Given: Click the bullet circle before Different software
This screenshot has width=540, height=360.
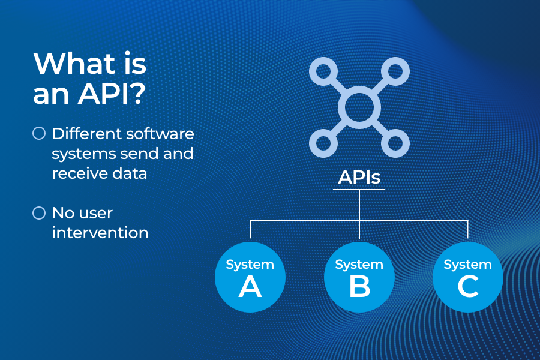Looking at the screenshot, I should pos(39,133).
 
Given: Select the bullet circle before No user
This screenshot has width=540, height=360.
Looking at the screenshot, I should pos(39,213).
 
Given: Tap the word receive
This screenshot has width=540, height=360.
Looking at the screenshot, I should pos(80,173).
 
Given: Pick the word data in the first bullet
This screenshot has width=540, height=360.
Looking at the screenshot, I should pos(132,173).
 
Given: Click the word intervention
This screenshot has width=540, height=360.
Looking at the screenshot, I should pos(100,233).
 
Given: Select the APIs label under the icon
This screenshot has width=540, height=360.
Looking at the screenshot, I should pos(359,177).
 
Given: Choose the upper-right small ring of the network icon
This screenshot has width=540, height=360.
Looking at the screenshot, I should pos(395,71).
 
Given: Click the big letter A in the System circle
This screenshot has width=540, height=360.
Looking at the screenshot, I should pos(250,287).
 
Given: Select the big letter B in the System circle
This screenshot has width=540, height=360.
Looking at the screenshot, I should pos(359,287).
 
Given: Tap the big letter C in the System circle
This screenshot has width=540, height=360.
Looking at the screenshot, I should pos(468,287).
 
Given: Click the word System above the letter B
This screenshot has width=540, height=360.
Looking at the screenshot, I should pos(359,265).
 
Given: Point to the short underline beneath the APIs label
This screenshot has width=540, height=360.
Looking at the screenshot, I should pos(359,190).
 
